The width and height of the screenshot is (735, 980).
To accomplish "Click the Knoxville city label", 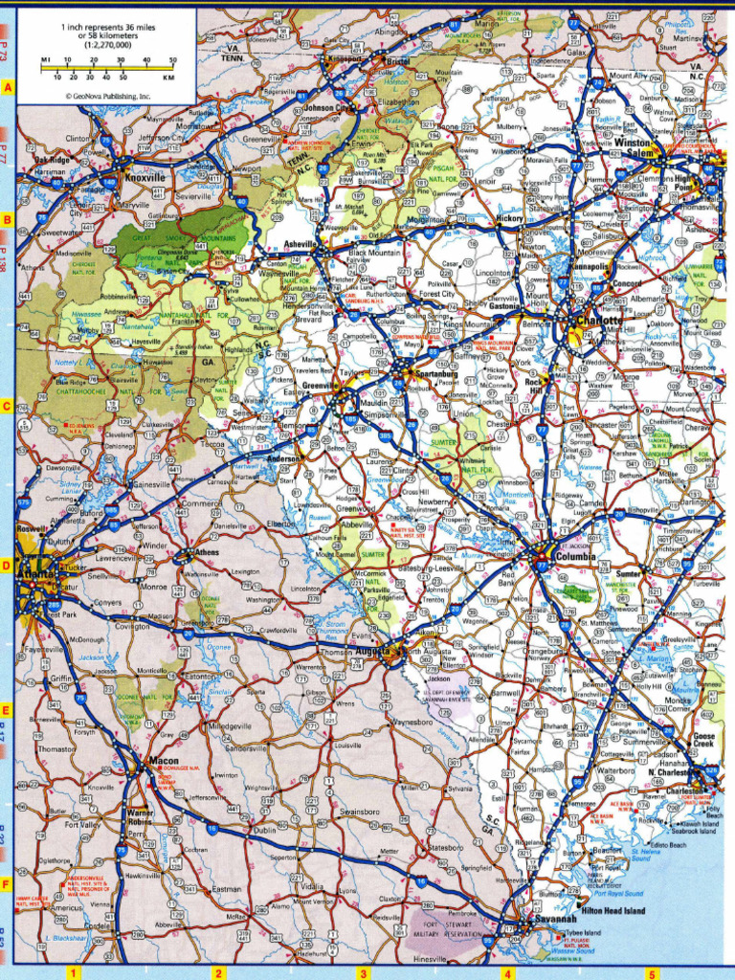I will [x=145, y=177].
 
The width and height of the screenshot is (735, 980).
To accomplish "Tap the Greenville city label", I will [x=316, y=386].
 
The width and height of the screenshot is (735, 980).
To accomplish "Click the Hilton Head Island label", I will [x=612, y=909].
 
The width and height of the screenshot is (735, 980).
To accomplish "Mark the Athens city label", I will [x=207, y=552].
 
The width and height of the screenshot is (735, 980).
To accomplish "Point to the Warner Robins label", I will [x=140, y=817].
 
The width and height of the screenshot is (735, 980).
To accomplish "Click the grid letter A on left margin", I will [x=8, y=89].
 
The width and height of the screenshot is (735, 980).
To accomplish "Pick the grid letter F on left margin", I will [x=8, y=882].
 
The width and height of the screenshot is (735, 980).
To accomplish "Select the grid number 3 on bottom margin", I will [x=363, y=973].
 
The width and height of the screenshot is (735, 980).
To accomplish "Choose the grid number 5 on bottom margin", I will [x=652, y=973].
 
